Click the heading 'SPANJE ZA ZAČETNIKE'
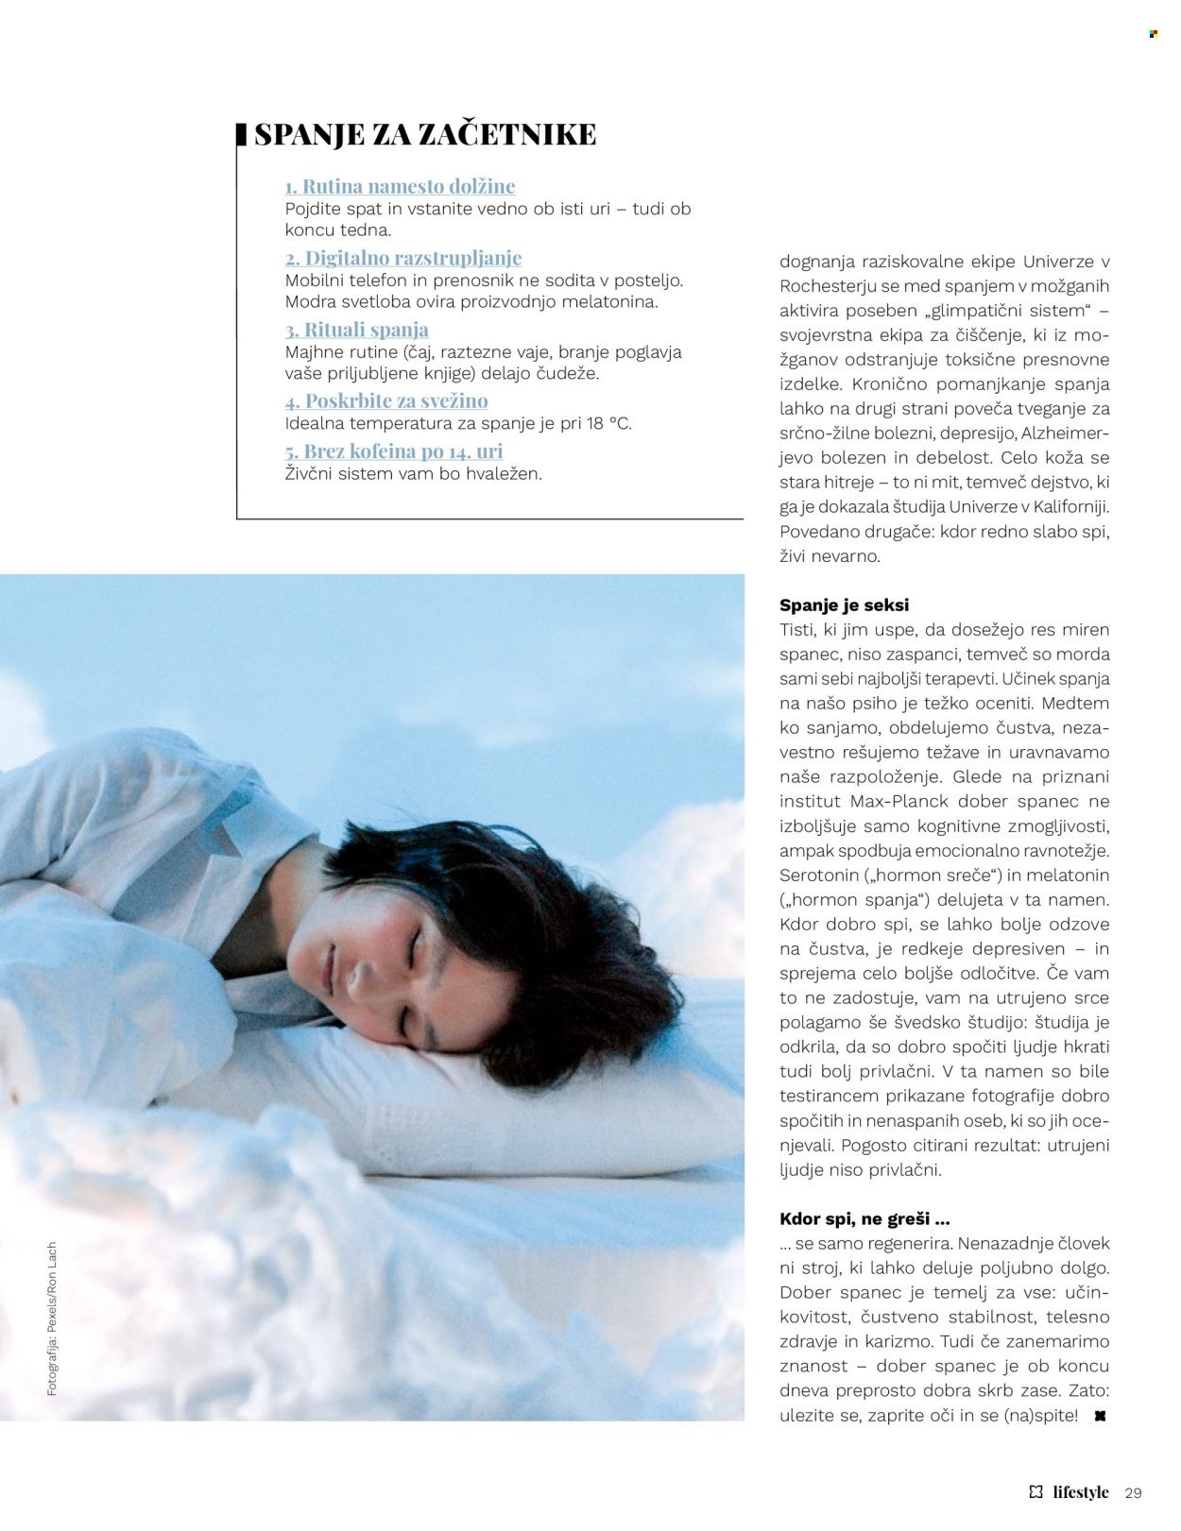click(425, 134)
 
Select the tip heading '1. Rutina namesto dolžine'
click(400, 186)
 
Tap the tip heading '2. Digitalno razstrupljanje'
click(403, 258)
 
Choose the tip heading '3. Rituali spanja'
click(357, 330)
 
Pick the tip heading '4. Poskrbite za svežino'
click(386, 400)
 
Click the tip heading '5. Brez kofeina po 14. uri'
click(394, 451)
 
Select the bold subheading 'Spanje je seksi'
click(844, 604)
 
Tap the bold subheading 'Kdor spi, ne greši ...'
click(864, 1218)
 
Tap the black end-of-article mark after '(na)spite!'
click(1099, 1417)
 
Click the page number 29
click(1134, 1493)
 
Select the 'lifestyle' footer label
click(1080, 1492)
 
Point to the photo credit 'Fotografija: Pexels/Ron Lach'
click(52, 1318)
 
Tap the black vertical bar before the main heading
click(241, 134)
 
